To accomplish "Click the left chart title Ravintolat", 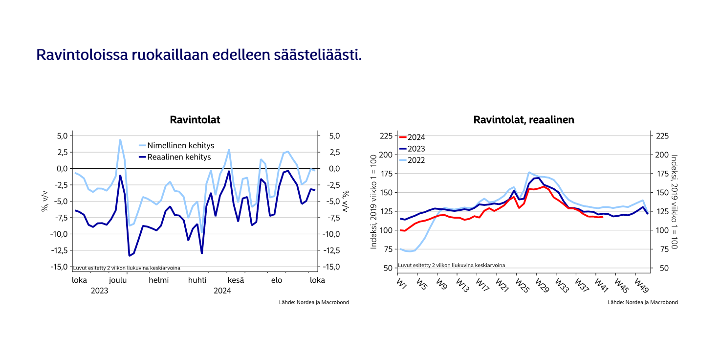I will pos(195,120).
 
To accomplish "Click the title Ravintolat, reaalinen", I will pos(524,120).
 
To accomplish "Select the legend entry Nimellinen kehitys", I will pos(180,146).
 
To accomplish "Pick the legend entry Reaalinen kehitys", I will pos(179,157).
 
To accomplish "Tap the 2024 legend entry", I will pos(416,137).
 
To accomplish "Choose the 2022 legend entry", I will pos(416,160).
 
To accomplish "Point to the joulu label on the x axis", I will pos(118,280).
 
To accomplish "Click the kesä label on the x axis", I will pos(236,280).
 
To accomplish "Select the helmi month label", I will pos(158,280).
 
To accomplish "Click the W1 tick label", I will pos(402,283).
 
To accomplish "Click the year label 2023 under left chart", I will pos(99,291).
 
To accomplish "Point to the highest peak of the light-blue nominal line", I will pos(120,140).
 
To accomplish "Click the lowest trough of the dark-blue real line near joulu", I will pos(130,256).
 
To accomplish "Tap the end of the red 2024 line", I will pos(603,216).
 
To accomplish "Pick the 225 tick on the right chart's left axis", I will pos(387,136).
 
